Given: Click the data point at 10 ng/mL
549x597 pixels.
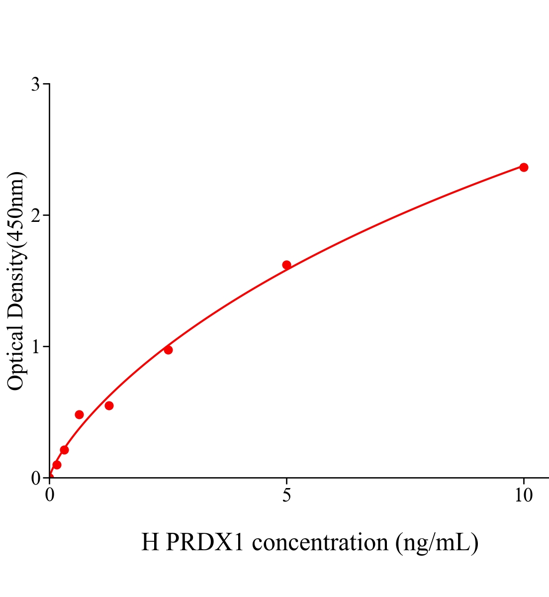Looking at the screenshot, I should coord(524,167).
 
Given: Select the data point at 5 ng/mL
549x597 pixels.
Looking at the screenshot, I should coord(286,265).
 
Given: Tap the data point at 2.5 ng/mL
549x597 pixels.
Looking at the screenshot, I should coord(168,350).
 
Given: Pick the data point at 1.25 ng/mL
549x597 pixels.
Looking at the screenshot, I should coord(109,405).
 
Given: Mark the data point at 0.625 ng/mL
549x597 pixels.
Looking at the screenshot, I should coord(79,414).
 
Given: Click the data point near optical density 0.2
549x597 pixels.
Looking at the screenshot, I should coord(64,450).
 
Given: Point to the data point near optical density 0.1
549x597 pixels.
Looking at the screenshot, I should coord(57,465).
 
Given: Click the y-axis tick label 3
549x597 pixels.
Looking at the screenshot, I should coord(35,85).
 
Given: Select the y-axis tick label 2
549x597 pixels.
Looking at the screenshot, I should coord(35,215).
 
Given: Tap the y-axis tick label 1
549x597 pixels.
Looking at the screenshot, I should coord(35,347).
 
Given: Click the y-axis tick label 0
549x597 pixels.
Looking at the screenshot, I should coord(35,478).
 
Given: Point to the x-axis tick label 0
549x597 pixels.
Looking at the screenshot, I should coord(50,496).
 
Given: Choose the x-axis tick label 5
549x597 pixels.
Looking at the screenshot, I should coord(286,496).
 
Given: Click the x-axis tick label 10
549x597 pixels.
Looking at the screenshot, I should coord(523,496).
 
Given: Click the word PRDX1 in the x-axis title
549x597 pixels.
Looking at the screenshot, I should coord(204,542).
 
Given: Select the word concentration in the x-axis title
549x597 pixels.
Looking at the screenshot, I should coord(320,542).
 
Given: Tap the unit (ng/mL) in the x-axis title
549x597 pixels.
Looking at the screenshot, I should coord(437,542).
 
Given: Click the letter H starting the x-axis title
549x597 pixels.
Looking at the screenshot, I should coord(150,542).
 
